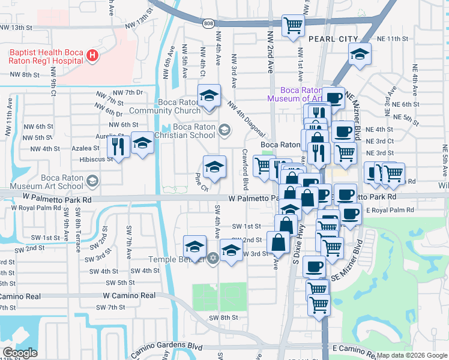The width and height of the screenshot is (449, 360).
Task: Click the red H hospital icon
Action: coord(92,56)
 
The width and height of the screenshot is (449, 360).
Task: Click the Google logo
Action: coord(20,352)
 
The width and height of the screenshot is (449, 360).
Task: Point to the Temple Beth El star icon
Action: coord(212,259)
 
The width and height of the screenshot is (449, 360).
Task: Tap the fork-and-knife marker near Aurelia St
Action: coord(118,146)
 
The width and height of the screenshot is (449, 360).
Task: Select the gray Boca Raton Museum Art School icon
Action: coord(92,180)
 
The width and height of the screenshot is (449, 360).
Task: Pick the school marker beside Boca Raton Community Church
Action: coord(209,96)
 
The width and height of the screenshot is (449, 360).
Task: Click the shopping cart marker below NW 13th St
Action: coord(293,26)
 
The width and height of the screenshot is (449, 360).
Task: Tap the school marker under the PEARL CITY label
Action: coord(359,56)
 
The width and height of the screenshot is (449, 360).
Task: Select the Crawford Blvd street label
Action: coord(245,168)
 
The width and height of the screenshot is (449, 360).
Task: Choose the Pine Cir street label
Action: coord(200,182)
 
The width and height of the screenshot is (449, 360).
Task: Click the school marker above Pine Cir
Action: coord(214,167)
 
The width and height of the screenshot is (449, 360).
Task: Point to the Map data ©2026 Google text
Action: coord(411,355)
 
